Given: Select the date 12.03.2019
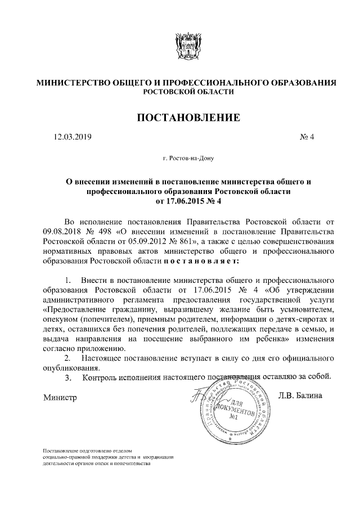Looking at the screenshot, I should (73, 137).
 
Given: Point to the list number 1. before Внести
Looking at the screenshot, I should (68, 280).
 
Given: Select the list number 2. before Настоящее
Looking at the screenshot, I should (68, 358).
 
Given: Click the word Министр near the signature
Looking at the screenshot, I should (59, 397).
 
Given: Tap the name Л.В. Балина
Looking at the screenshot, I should (300, 396).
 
